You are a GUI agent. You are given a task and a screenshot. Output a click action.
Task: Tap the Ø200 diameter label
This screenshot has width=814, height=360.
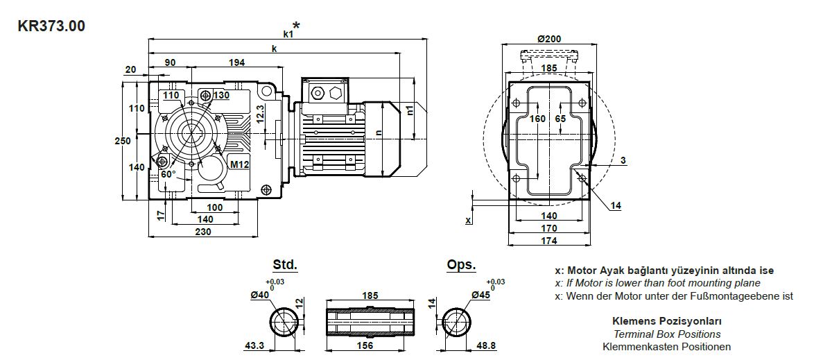549,39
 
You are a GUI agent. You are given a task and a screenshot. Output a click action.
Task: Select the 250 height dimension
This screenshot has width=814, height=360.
122,140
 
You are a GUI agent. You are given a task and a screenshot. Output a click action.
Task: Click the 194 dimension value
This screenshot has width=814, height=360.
236,62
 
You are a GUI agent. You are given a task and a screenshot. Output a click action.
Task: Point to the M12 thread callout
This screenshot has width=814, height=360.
240,164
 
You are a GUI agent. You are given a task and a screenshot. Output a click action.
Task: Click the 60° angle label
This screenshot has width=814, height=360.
169,174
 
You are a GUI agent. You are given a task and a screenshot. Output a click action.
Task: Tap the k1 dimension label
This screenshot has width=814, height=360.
288,34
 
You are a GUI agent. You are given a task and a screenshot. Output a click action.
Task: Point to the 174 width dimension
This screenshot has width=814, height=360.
549,241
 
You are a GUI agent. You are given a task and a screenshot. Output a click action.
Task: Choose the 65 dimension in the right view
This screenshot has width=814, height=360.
560,119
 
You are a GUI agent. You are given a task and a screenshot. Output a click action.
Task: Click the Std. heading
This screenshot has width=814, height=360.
284,265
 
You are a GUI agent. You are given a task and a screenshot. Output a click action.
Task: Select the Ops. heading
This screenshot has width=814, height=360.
462,265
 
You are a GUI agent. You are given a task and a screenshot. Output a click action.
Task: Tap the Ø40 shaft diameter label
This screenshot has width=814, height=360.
260,295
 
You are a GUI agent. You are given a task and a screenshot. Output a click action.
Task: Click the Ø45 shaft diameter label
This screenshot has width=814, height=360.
481,295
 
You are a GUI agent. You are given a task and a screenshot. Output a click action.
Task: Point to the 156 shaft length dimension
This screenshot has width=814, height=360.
365,345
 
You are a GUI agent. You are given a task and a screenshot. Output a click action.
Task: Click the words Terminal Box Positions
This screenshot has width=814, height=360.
667,334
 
